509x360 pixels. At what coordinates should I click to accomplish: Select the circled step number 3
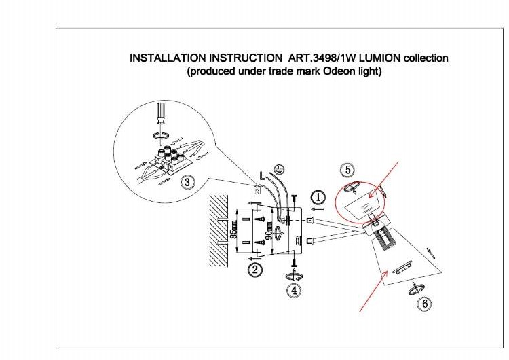pyautogui.click(x=187, y=181)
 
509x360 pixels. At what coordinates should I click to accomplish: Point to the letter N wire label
pyautogui.click(x=256, y=190)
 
